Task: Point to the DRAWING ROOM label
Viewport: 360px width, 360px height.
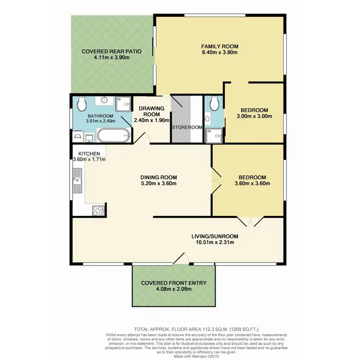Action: coord(152,108)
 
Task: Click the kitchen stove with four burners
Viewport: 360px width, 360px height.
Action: coord(97,210)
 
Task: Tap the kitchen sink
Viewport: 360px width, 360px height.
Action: coord(77,181)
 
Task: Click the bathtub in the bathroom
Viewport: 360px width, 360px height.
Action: coord(113,136)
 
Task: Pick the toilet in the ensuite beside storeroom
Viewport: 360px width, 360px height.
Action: coord(215,102)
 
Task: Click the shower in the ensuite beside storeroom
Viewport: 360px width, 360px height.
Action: coord(214,135)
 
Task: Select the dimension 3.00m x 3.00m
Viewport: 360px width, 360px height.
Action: coord(254,116)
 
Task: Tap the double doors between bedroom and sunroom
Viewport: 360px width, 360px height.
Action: coord(251,221)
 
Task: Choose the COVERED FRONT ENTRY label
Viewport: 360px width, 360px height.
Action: coord(174,283)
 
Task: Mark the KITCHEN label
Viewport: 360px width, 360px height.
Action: coord(86,154)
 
